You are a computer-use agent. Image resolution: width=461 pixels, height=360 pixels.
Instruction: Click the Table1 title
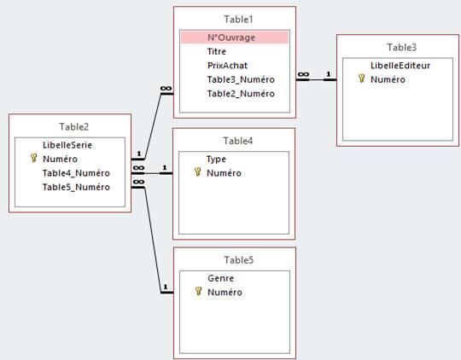point(238,20)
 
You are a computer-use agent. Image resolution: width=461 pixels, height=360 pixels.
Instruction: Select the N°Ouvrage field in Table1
point(231,38)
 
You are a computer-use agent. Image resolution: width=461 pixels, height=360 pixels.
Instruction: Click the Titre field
point(217,51)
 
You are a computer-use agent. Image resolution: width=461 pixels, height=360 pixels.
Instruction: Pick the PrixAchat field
point(227,66)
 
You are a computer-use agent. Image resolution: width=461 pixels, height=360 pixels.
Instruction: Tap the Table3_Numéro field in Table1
point(241,79)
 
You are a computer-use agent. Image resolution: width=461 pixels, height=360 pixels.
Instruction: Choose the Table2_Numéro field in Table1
point(241,94)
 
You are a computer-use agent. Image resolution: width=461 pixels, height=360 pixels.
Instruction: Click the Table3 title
point(401,47)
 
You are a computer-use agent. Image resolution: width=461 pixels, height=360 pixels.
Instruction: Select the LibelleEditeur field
point(400,66)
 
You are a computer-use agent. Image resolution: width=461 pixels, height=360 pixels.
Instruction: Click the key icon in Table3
point(362,78)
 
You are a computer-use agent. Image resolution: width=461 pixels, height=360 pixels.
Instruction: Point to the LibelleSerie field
point(67,145)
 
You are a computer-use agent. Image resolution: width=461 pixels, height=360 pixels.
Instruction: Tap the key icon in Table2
point(34,158)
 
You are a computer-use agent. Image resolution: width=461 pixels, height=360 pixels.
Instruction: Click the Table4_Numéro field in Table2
point(76,173)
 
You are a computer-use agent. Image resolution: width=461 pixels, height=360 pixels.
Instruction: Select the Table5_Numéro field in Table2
point(76,187)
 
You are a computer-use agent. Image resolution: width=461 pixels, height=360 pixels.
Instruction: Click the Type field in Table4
point(216,160)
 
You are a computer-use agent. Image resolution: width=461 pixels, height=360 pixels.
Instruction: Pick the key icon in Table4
point(198,172)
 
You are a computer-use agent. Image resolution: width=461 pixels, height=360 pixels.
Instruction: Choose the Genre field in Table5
point(221,278)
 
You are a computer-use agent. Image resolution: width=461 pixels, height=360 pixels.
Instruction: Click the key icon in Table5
point(198,291)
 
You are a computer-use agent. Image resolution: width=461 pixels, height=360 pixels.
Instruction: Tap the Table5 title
point(238,260)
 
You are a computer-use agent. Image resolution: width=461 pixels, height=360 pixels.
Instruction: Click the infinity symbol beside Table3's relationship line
point(303,74)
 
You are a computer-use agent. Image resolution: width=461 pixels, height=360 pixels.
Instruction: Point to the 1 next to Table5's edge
point(166,287)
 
